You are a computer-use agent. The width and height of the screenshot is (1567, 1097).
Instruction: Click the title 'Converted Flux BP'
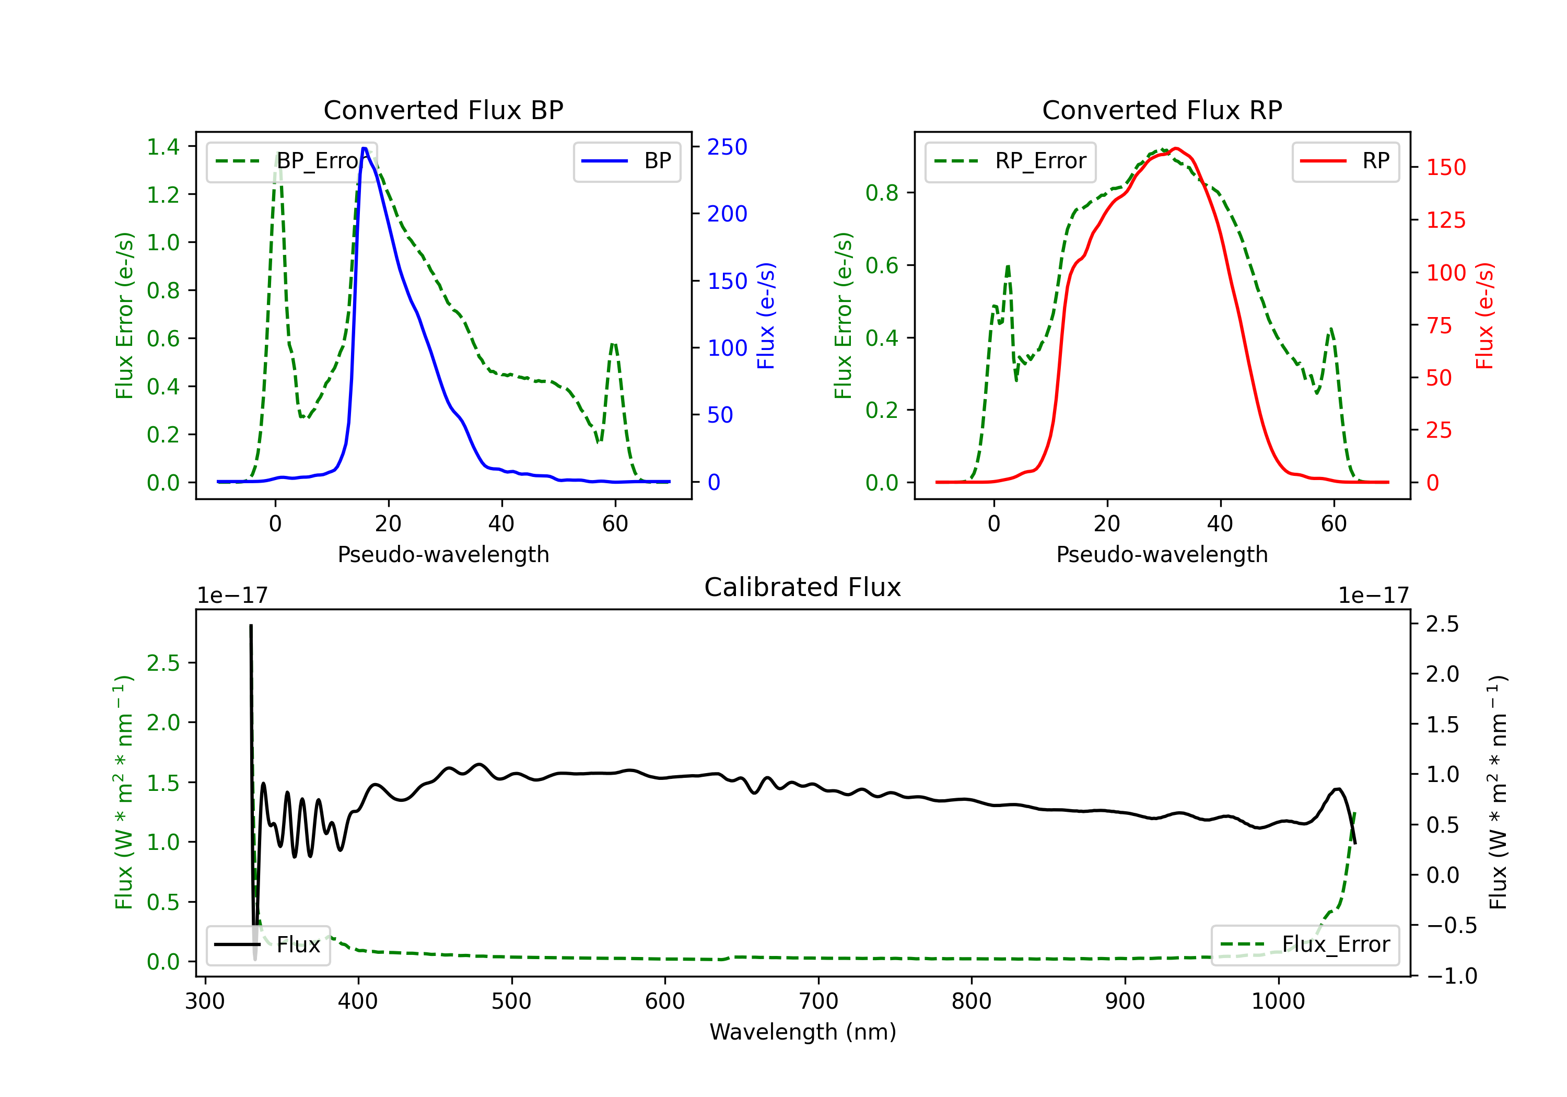click(x=443, y=110)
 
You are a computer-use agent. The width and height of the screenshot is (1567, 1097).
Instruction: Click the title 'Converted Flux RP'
click(x=1162, y=110)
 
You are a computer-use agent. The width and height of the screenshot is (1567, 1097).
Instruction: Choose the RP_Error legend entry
click(x=1010, y=161)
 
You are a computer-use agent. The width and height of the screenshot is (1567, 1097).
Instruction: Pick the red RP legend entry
click(x=1345, y=161)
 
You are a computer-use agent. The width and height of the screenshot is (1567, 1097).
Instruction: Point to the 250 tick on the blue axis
click(x=727, y=147)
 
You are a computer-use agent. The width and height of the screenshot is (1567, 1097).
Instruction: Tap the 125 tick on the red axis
click(x=1445, y=220)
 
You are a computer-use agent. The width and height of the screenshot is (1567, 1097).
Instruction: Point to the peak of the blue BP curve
click(x=365, y=148)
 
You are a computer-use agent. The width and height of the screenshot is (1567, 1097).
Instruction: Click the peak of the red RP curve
click(x=1175, y=148)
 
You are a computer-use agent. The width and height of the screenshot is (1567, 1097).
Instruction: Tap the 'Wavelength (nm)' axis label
click(x=803, y=1032)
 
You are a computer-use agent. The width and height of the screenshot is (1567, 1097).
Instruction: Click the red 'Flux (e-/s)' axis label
click(x=1485, y=316)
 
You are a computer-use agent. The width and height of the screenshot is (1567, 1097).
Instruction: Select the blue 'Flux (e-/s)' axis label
click(x=766, y=316)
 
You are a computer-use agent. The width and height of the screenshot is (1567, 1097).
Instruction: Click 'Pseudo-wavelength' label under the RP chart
click(x=1162, y=554)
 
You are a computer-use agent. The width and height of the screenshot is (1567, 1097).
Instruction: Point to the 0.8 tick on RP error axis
click(x=882, y=193)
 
